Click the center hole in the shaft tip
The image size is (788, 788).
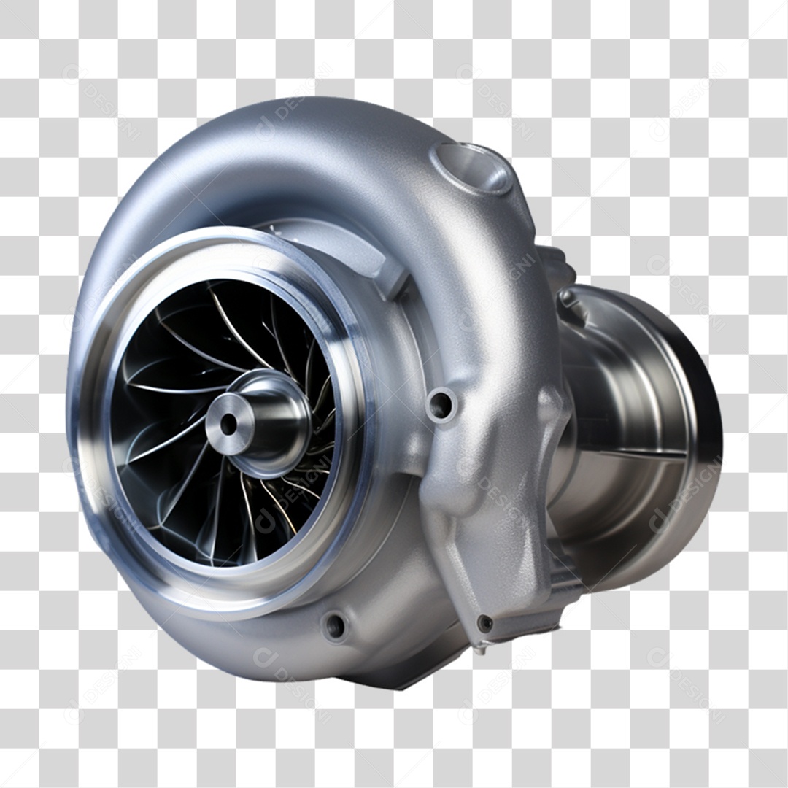(228, 423)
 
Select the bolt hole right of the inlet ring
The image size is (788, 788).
(441, 404)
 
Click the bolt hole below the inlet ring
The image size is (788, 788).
(335, 626)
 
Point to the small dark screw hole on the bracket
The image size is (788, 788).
(484, 622)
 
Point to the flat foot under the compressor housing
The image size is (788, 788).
(409, 675)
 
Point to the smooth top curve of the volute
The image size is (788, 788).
(292, 139)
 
